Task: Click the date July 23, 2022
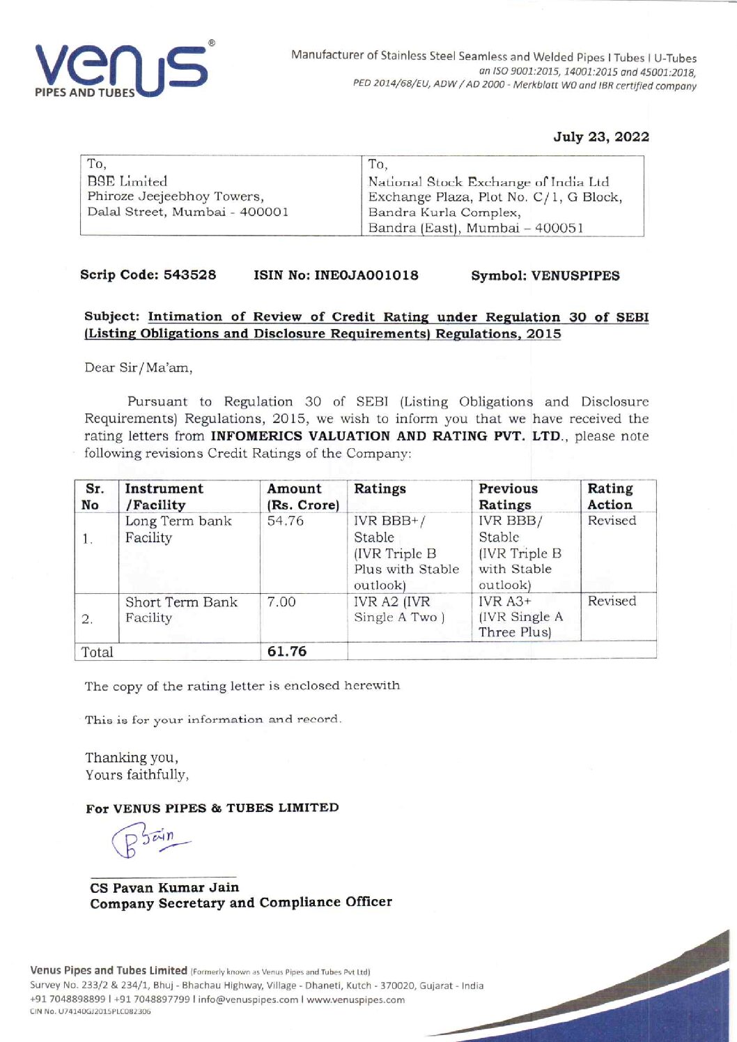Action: tap(601, 137)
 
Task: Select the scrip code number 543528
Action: tap(189, 275)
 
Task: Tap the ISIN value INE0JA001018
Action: tap(366, 275)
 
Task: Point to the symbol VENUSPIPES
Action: tap(575, 276)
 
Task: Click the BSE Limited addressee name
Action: tap(127, 181)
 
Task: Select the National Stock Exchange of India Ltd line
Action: tap(488, 182)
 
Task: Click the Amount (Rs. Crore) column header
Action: tap(303, 496)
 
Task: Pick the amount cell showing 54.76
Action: tap(286, 521)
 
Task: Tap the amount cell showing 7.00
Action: tap(281, 602)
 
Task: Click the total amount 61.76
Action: tap(287, 652)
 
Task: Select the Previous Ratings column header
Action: tap(508, 496)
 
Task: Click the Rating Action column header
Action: tap(610, 496)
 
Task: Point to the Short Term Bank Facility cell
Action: tap(181, 610)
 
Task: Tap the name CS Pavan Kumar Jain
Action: tap(164, 887)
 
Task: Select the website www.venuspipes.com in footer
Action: tap(355, 999)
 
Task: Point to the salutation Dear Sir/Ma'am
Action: tap(138, 367)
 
